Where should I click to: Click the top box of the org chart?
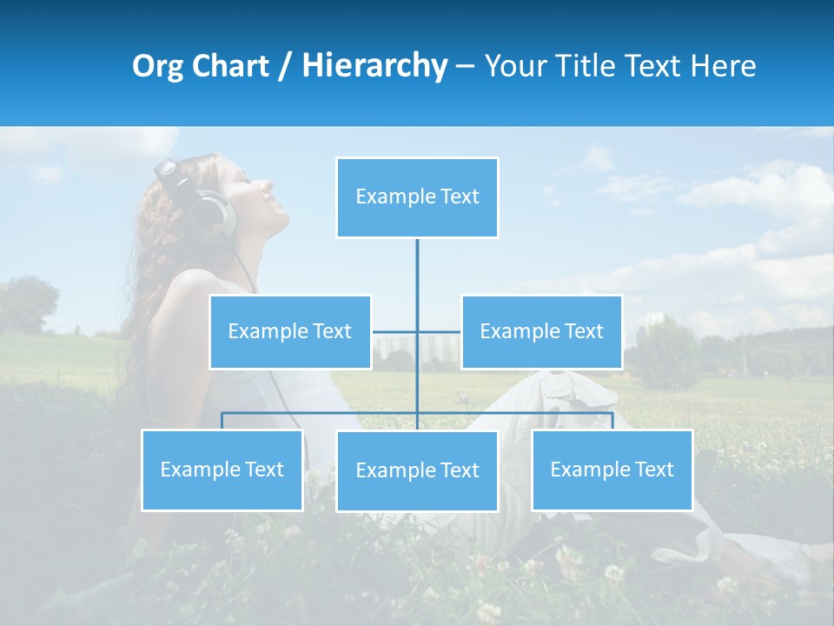417,197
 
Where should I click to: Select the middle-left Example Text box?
290,331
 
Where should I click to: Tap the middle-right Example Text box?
541,331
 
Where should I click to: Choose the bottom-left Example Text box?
222,469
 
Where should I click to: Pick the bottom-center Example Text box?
417,470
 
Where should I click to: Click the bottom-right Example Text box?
612,469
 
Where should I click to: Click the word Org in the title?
157,66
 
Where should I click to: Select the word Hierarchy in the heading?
374,66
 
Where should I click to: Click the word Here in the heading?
723,66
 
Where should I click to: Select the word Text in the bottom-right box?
653,469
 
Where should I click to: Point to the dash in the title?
465,66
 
